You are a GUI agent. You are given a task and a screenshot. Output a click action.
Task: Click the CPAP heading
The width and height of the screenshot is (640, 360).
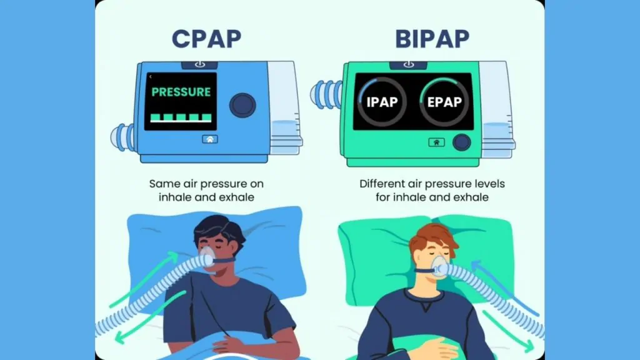206,39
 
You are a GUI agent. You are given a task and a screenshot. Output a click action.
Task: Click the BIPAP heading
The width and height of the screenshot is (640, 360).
432,39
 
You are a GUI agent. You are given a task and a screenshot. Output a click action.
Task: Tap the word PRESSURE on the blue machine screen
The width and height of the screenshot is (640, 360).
181,92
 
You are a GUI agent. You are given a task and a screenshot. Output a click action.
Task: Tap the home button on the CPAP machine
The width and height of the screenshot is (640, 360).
210,139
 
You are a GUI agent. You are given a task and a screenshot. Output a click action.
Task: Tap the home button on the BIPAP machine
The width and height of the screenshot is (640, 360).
436,142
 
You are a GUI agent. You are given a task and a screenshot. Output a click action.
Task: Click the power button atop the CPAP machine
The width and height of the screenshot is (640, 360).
199,64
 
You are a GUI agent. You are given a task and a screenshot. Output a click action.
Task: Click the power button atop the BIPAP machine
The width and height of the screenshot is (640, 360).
408,64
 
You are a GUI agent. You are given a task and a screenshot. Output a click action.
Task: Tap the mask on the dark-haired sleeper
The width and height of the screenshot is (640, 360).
207,257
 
